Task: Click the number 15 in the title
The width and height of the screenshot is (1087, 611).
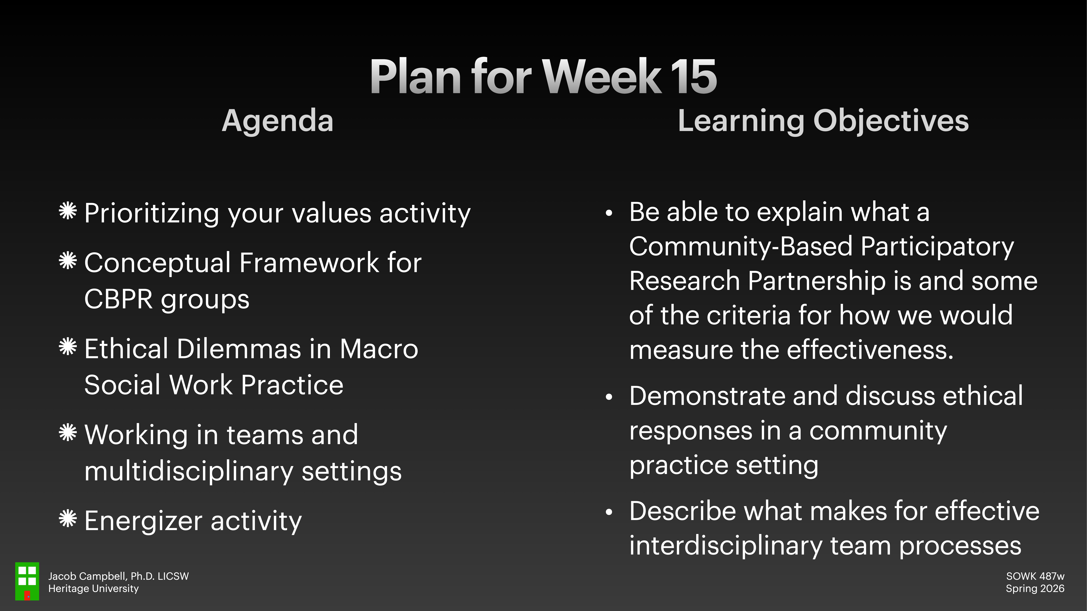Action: point(693,77)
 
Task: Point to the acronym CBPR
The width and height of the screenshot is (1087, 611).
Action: point(118,299)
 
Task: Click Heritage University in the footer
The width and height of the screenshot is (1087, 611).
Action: point(93,589)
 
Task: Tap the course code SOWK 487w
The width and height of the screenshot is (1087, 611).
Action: point(1035,576)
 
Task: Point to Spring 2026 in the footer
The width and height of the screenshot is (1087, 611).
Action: point(1035,589)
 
